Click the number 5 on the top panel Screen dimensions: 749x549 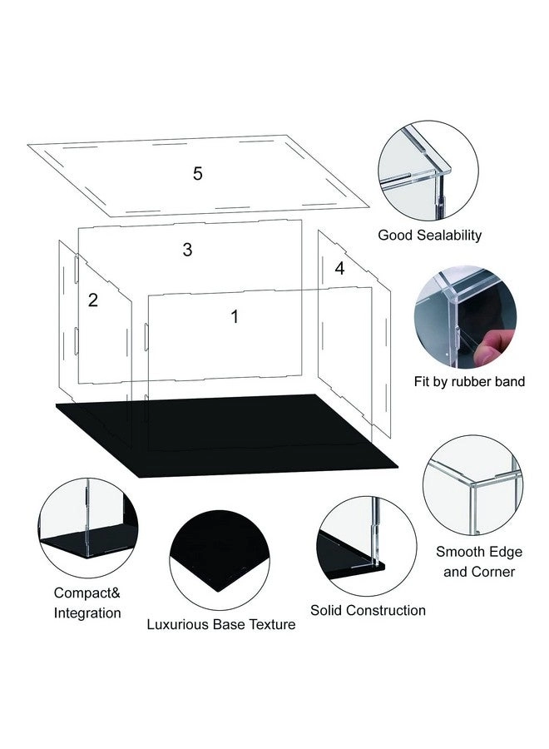[197, 174]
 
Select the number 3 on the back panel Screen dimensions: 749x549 [187, 249]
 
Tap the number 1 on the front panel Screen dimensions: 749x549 [235, 316]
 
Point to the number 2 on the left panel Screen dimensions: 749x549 [93, 300]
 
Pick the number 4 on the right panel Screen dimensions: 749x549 [339, 268]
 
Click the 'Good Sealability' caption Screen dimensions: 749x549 [429, 236]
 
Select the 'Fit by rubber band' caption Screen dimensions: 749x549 [469, 382]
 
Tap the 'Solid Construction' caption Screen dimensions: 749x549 [368, 611]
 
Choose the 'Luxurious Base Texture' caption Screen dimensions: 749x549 [221, 624]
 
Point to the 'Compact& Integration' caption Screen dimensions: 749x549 [87, 603]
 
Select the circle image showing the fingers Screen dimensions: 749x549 [466, 317]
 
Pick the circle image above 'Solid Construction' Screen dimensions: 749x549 [366, 545]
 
